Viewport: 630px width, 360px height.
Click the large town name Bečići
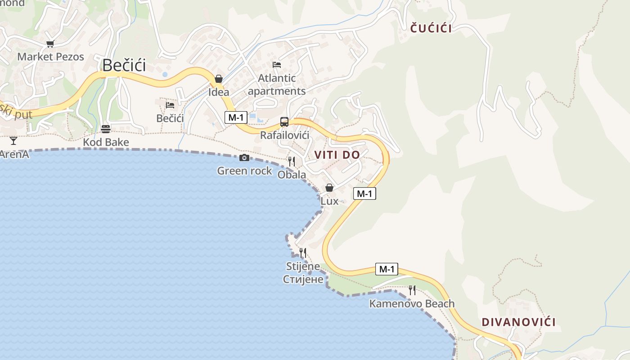click(124, 65)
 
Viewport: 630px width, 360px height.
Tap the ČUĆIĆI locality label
click(431, 28)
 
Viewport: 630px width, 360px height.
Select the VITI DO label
click(337, 155)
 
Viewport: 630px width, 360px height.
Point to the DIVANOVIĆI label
click(518, 322)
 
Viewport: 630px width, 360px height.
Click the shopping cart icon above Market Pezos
click(50, 44)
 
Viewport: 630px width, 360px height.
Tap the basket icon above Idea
click(219, 79)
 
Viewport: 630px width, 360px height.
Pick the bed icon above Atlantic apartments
click(277, 65)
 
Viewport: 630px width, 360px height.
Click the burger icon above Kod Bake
click(106, 129)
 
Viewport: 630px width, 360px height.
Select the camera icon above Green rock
click(244, 157)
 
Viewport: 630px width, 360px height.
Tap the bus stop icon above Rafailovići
click(284, 121)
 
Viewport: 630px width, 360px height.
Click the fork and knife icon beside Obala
click(292, 161)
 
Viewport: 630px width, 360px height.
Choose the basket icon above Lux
click(329, 188)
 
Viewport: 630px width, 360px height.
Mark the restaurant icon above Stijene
click(303, 252)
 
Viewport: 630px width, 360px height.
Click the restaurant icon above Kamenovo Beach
click(412, 290)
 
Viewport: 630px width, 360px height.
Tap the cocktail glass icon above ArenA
click(13, 140)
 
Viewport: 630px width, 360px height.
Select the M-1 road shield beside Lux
click(364, 193)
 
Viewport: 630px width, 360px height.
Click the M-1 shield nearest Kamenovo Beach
click(387, 269)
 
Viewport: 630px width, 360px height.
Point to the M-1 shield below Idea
click(236, 117)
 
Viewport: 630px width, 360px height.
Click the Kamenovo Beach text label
click(412, 304)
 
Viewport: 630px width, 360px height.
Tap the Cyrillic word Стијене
click(303, 279)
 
